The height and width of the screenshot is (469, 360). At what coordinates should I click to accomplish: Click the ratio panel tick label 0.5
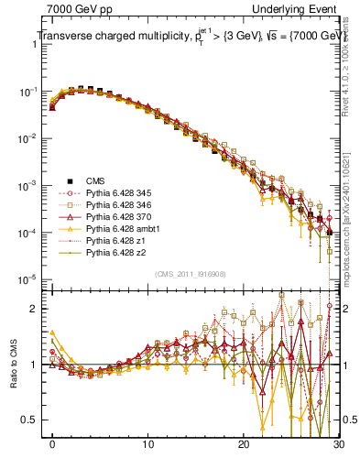[x=31, y=420]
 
